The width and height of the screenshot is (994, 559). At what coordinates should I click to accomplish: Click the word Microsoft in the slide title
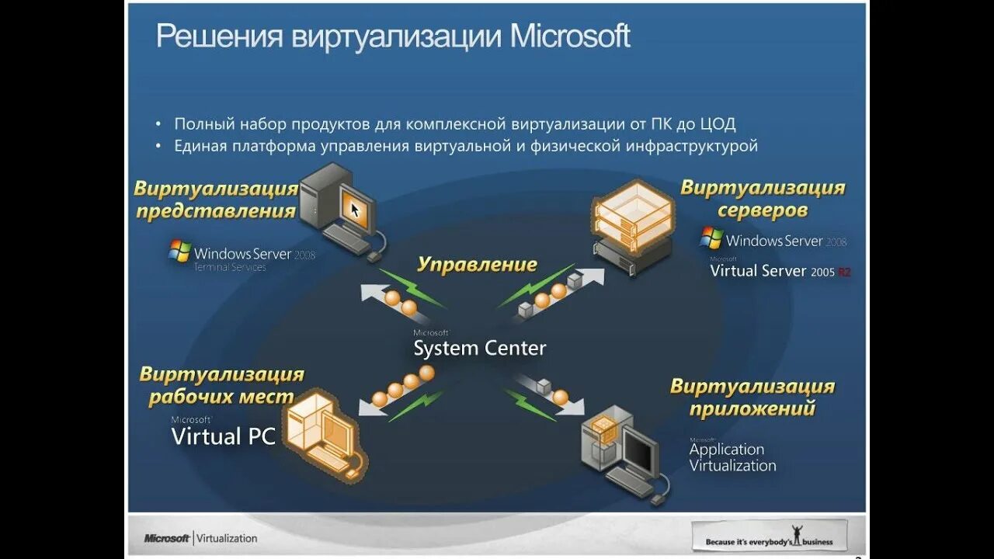click(x=570, y=36)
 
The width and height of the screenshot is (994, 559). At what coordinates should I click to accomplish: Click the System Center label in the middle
click(x=479, y=348)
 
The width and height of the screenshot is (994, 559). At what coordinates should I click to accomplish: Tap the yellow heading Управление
click(x=477, y=264)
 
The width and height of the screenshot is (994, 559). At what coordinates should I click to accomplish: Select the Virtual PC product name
click(x=224, y=436)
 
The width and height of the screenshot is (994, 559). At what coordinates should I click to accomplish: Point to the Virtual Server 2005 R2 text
click(x=780, y=272)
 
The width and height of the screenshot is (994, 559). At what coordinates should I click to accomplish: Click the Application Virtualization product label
click(x=732, y=457)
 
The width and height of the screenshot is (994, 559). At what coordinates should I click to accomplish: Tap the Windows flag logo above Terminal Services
click(x=180, y=251)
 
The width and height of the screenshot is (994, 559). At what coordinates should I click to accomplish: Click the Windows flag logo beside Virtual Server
click(x=711, y=238)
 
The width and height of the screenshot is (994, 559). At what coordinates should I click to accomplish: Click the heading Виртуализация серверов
click(x=763, y=199)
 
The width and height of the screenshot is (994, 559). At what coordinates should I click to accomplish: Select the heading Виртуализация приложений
click(x=752, y=397)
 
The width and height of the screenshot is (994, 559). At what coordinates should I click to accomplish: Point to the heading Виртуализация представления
click(x=217, y=200)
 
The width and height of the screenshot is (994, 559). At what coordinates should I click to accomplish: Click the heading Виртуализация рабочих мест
click(x=221, y=385)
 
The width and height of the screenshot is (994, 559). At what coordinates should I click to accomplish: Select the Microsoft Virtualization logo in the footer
click(x=200, y=538)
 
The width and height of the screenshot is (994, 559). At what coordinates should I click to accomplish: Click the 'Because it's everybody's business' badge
click(x=769, y=536)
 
